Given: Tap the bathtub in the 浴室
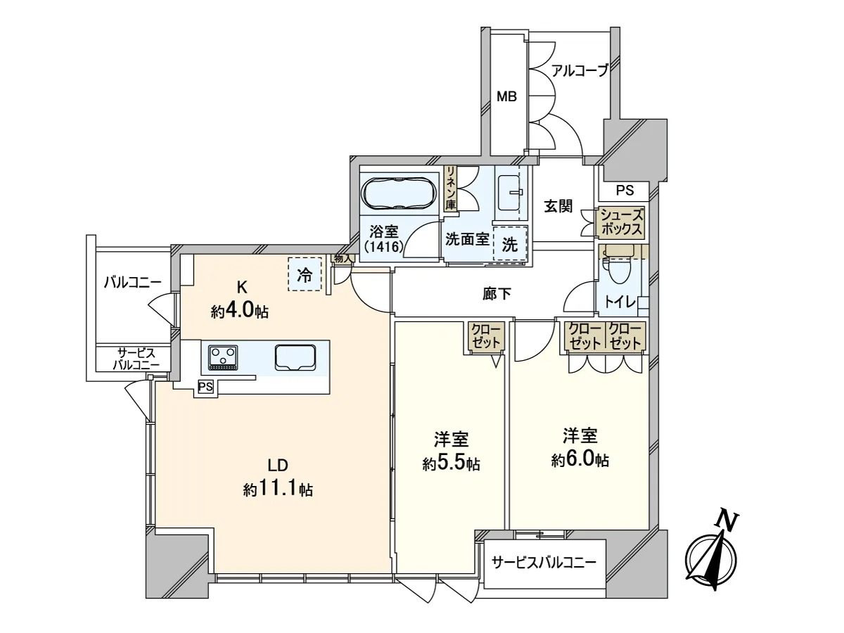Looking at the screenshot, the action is click(x=400, y=194).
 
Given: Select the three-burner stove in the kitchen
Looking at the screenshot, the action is click(x=223, y=357).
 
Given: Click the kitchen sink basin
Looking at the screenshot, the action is click(x=295, y=358).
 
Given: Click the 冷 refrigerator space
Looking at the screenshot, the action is click(x=305, y=274).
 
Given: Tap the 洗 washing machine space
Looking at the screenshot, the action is click(x=510, y=244).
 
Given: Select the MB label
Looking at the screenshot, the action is click(x=506, y=97).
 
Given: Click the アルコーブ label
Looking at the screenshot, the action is click(x=580, y=70).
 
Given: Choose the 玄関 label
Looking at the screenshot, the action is click(x=558, y=206).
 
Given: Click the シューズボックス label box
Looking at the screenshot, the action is click(x=621, y=222).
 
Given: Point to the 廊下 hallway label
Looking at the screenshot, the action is click(x=497, y=293).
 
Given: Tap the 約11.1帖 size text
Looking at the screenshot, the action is click(x=278, y=489).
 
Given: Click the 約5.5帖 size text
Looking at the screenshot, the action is click(x=451, y=464).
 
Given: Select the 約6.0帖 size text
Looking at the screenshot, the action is click(x=580, y=460).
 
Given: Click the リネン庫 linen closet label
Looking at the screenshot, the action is click(x=450, y=188).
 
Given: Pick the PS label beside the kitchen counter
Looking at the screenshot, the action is click(x=205, y=387).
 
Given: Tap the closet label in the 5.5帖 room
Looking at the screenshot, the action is click(x=485, y=336).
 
